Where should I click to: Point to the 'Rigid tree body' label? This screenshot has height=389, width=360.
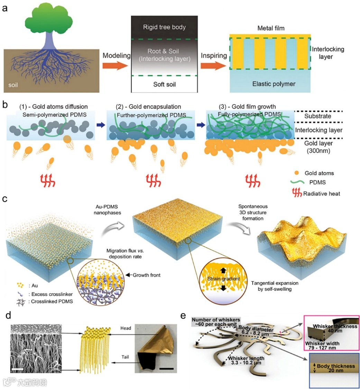(164, 27)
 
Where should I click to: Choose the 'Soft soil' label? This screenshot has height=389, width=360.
(164, 85)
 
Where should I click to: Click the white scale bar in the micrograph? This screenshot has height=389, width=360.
(18, 370)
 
